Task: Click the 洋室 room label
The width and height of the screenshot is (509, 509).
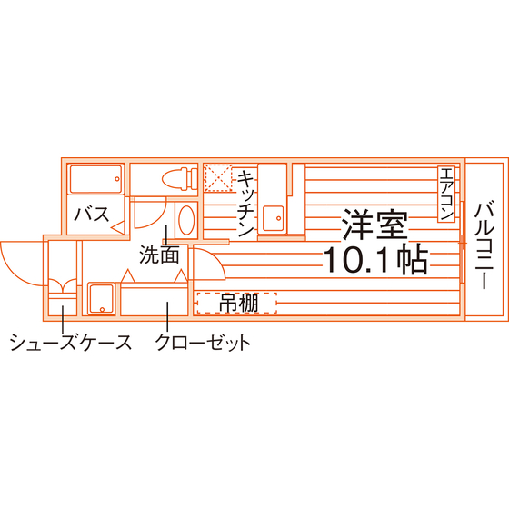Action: (374, 225)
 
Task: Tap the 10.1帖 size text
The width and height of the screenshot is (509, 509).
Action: (375, 259)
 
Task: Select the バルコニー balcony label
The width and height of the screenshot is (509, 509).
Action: (484, 245)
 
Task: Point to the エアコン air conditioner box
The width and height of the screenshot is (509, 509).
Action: (446, 195)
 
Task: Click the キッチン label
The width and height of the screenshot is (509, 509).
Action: (245, 204)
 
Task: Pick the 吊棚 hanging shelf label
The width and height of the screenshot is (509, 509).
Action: (239, 304)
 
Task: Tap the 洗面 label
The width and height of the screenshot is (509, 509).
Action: (159, 254)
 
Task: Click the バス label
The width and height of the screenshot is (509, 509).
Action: (92, 215)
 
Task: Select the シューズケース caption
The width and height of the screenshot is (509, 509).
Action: (71, 342)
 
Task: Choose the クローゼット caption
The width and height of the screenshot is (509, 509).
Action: (203, 342)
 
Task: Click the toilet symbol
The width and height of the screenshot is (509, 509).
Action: (180, 179)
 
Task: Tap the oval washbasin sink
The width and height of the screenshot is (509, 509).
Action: (186, 220)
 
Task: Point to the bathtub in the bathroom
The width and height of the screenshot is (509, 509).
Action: (95, 179)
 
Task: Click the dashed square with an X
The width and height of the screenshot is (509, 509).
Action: (218, 178)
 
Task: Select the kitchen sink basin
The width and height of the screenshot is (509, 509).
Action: (273, 218)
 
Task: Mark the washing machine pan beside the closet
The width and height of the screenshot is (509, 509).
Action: (101, 299)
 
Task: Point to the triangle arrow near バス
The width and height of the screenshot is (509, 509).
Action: (118, 226)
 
